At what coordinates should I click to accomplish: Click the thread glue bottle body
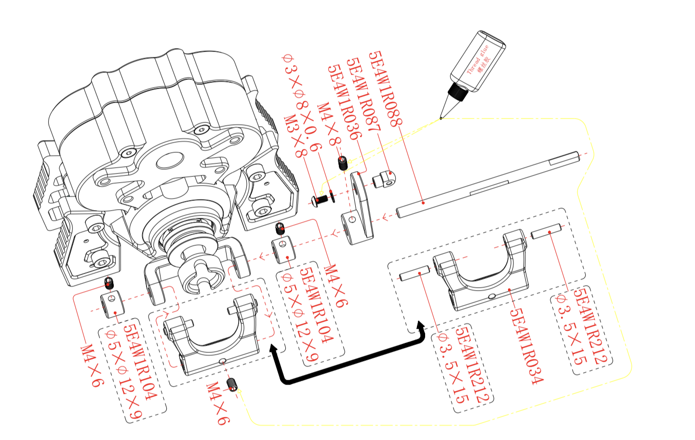point(478,60)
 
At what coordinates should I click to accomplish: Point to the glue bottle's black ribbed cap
point(457,91)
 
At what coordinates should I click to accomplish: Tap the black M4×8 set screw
point(343,163)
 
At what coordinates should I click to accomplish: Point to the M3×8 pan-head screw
point(319,200)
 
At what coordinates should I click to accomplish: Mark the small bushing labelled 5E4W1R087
point(385,179)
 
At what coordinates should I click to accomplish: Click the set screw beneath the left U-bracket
point(233,385)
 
